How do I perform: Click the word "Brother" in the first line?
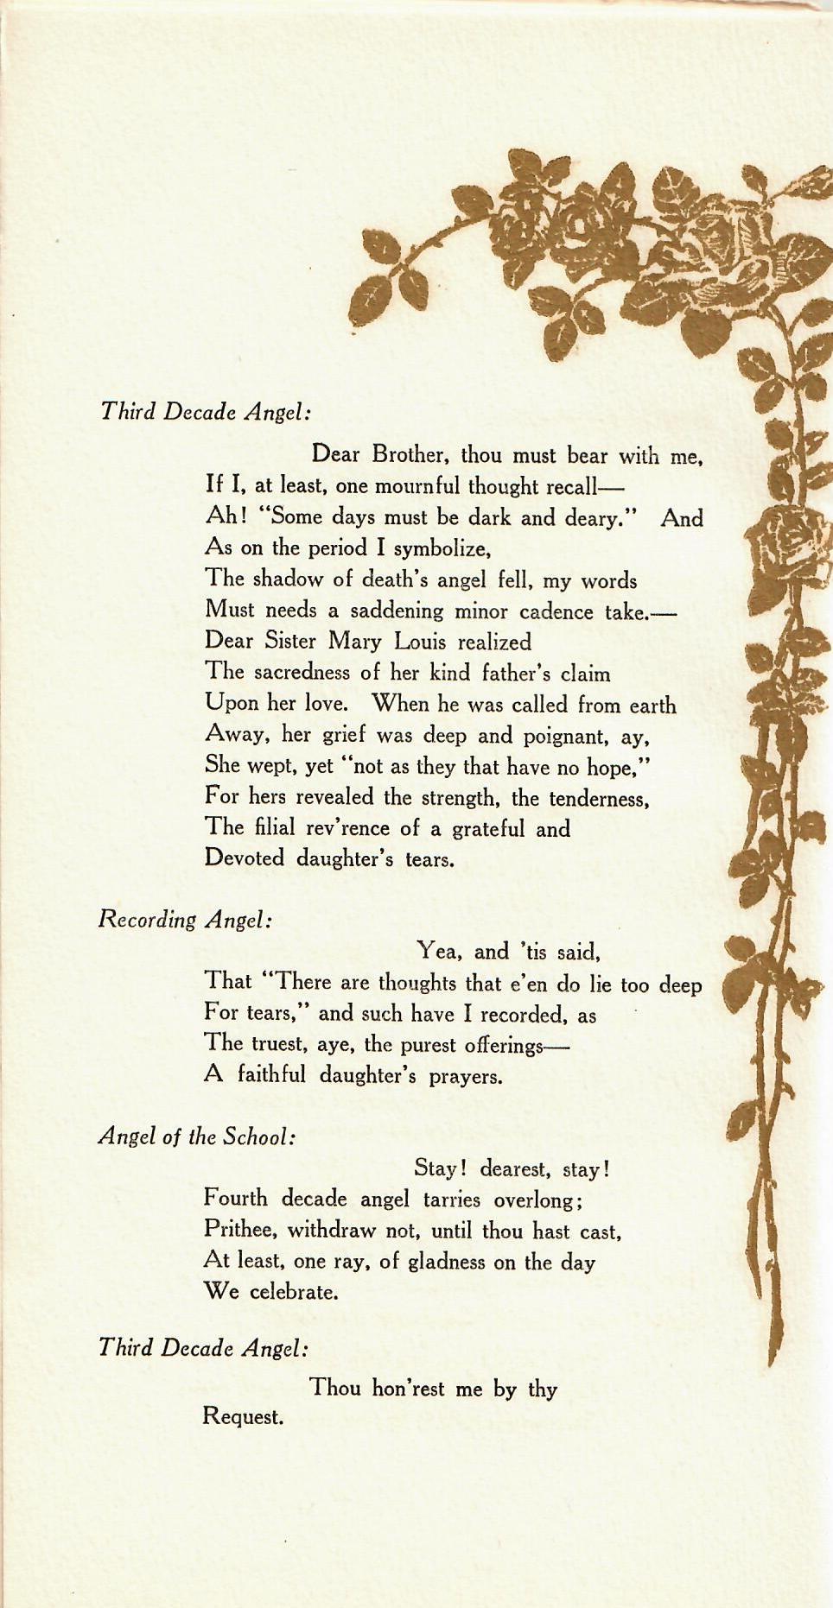410,454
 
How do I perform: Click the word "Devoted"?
245,858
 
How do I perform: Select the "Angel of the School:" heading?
197,1136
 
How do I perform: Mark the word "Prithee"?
240,1229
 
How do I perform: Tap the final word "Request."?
243,1417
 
